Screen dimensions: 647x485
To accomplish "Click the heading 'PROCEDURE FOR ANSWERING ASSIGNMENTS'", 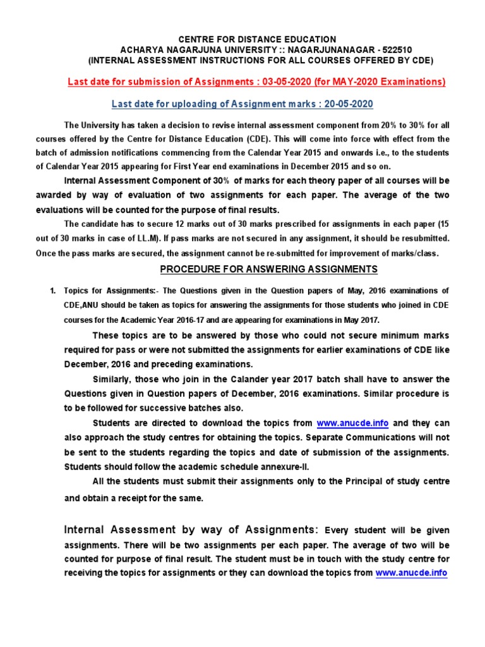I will (x=268, y=269).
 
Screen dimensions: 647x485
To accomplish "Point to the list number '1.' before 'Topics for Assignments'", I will (x=53, y=291).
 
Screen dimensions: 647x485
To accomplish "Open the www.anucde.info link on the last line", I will (x=411, y=573).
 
